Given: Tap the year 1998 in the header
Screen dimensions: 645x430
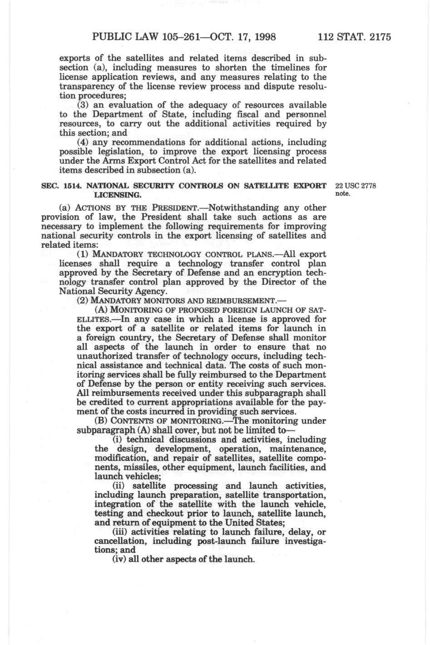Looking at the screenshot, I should pos(262,36).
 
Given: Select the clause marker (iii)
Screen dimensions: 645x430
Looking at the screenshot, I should pos(121,532).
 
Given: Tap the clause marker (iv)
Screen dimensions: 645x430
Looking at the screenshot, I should pos(119,560).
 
